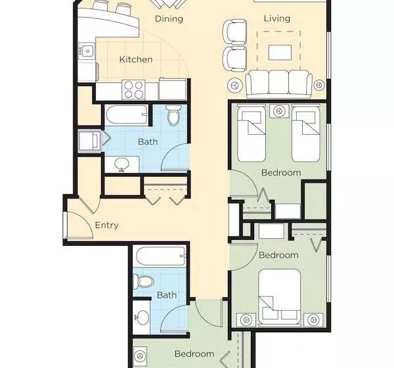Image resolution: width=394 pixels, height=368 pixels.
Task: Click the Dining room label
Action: [169, 19]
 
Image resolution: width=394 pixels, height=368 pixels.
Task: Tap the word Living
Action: [277, 18]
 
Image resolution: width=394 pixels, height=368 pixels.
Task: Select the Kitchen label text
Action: [136, 60]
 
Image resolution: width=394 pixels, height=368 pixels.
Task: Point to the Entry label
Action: [106, 225]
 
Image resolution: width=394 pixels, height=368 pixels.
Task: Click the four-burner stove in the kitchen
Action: [133, 89]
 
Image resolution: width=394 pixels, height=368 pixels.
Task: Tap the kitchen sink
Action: [87, 51]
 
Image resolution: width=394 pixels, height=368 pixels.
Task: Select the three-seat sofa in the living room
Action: [278, 83]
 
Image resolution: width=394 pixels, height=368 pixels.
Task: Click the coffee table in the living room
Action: [280, 53]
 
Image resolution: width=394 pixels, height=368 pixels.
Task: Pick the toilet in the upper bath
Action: [173, 115]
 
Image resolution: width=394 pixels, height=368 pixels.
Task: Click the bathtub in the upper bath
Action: [126, 115]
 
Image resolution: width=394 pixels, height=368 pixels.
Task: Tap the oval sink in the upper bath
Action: [122, 164]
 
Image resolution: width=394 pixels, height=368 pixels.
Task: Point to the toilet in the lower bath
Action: [142, 281]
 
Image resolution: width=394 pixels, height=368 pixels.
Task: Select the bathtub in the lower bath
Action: [161, 256]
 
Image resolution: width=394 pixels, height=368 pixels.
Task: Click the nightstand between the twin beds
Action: [278, 111]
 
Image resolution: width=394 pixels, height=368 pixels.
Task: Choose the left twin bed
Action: [252, 133]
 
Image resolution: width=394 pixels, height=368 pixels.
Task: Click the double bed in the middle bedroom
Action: [280, 296]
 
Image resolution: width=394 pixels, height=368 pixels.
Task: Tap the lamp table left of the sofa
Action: [236, 85]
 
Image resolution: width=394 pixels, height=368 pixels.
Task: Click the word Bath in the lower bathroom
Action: [167, 295]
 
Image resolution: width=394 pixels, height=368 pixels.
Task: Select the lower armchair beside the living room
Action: [234, 58]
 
